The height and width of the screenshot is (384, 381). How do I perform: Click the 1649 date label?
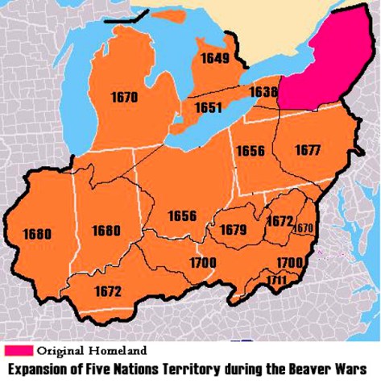click(x=215, y=58)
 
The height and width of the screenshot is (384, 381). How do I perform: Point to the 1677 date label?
click(x=306, y=151)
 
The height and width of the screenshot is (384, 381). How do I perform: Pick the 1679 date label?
click(x=233, y=230)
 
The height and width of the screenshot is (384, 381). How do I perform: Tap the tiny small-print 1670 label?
click(x=303, y=228)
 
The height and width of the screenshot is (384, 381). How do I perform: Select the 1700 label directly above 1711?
click(x=288, y=263)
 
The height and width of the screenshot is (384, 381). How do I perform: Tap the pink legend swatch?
click(x=17, y=351)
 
